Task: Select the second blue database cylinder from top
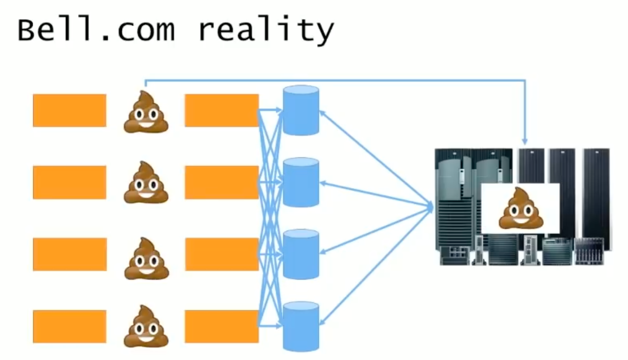point(300,182)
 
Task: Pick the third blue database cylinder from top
point(300,254)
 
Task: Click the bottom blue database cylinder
point(300,326)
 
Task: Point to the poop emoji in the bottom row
point(146,327)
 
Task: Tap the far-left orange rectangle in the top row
point(70,110)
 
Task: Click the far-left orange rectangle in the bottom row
point(70,326)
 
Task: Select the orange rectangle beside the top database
point(221,110)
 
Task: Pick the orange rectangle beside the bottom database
point(221,326)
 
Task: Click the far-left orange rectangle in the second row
point(70,182)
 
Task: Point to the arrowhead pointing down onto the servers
point(525,142)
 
